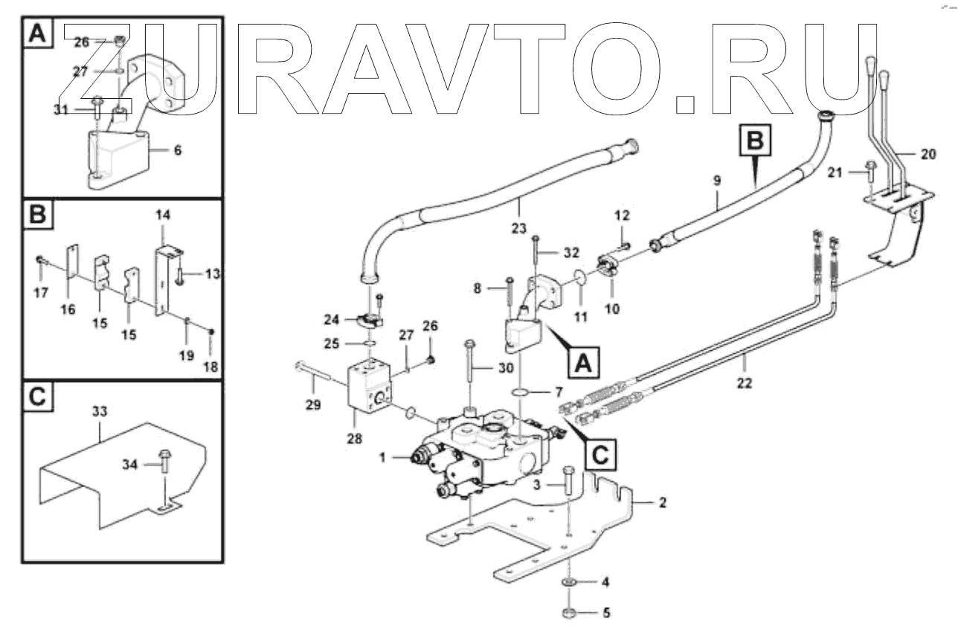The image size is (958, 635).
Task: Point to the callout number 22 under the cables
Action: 745,384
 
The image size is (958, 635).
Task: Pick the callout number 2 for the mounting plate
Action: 662,503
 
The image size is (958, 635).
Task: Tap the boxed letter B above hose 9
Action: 754,140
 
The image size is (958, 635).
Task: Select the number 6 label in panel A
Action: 176,150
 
